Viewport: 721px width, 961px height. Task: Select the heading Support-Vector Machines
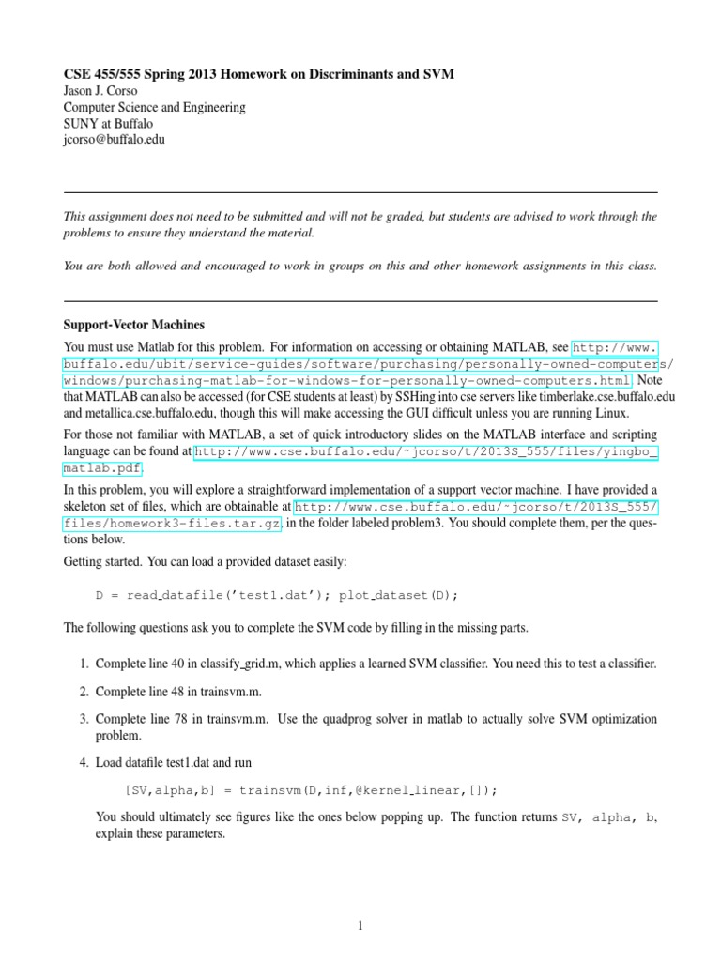coord(133,325)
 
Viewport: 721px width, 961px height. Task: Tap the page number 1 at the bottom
coord(360,925)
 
